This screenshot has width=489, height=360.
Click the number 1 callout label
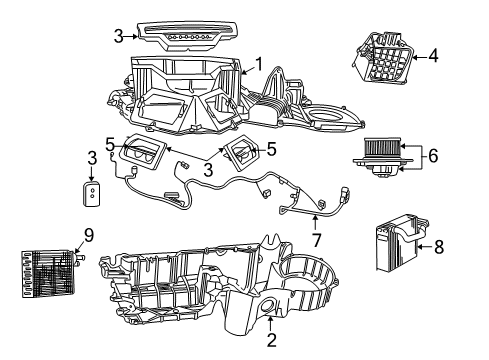pos(258,65)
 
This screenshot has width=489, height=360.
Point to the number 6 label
pos(432,157)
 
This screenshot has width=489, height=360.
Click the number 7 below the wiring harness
pos(317,241)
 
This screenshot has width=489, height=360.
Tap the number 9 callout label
pos(88,236)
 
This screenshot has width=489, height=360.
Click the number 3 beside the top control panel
pos(119,36)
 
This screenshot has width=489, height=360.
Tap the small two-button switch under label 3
pos(92,193)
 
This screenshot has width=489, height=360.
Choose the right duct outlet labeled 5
pos(241,154)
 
